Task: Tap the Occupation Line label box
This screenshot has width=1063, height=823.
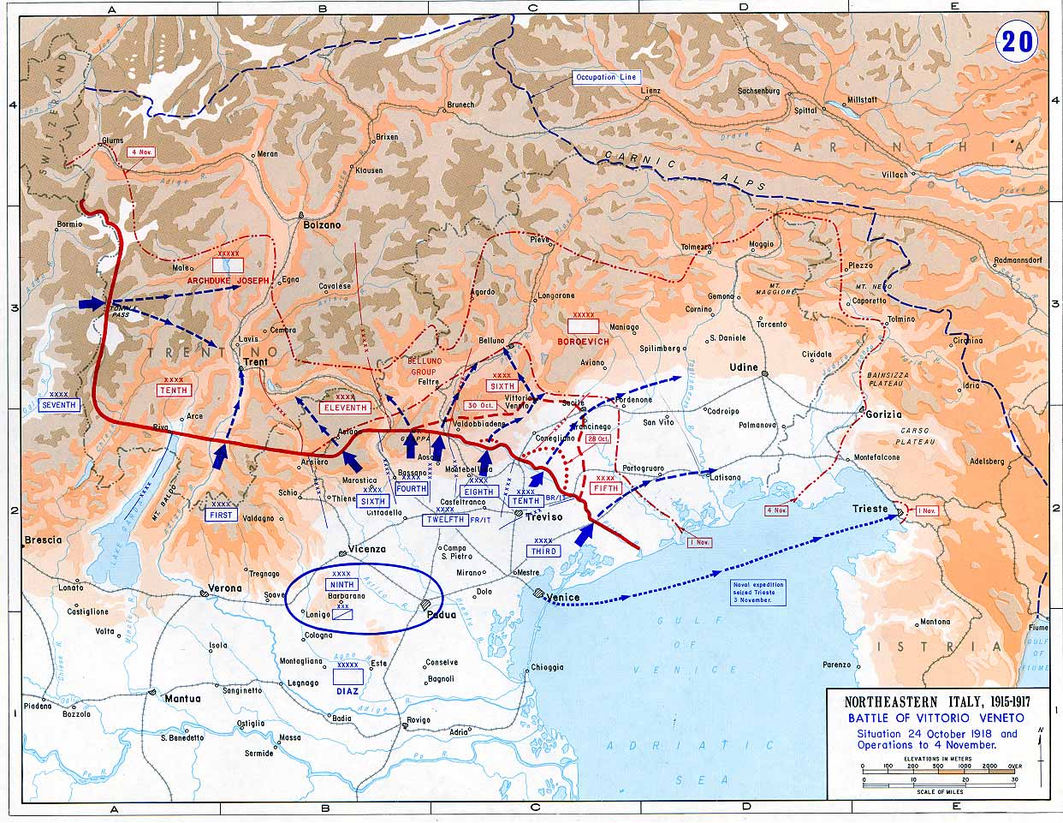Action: [x=606, y=77]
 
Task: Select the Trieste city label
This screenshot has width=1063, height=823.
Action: [x=870, y=509]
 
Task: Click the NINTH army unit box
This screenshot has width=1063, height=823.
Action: [x=341, y=584]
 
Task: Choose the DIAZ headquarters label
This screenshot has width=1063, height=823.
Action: [x=347, y=689]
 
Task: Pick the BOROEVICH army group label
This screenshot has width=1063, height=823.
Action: [x=583, y=341]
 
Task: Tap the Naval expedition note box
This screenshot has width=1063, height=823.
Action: [x=758, y=592]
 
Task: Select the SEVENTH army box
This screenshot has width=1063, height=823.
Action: [x=59, y=404]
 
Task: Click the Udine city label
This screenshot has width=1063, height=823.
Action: [x=744, y=367]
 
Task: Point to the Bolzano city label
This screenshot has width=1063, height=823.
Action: [x=322, y=225]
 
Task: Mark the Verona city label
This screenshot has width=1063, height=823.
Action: [x=227, y=588]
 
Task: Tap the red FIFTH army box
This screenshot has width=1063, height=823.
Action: [x=605, y=488]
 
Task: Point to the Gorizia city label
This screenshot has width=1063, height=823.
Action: [x=884, y=414]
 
